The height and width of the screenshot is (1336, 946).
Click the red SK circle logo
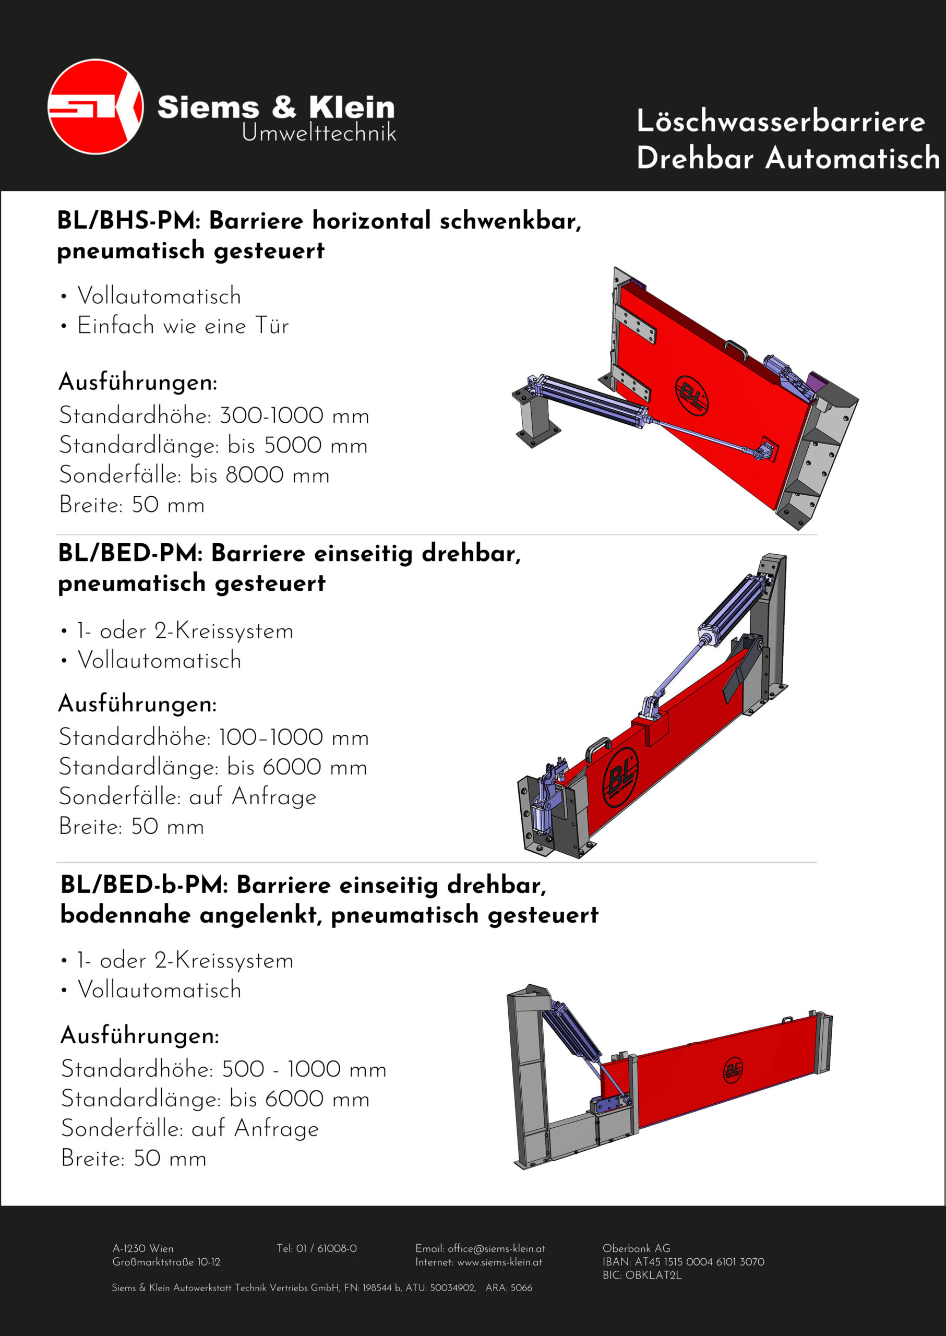(x=95, y=106)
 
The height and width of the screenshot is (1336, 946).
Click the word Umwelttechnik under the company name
(x=319, y=134)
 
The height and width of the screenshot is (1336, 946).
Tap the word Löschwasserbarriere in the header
(x=781, y=121)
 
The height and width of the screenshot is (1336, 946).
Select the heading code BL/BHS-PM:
(x=129, y=221)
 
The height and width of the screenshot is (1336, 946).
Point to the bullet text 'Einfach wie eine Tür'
(x=183, y=326)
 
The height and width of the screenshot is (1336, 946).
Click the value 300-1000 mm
(x=294, y=416)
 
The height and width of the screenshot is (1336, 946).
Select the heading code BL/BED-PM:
(x=130, y=553)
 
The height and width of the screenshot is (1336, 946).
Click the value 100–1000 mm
(x=294, y=737)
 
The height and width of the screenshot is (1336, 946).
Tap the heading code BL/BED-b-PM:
(x=144, y=885)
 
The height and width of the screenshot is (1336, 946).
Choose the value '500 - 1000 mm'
(x=304, y=1069)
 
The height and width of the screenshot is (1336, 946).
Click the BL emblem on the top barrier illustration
(x=691, y=396)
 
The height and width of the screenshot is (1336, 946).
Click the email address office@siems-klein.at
(x=496, y=1249)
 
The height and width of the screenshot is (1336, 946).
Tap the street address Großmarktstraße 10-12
(x=166, y=1262)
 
